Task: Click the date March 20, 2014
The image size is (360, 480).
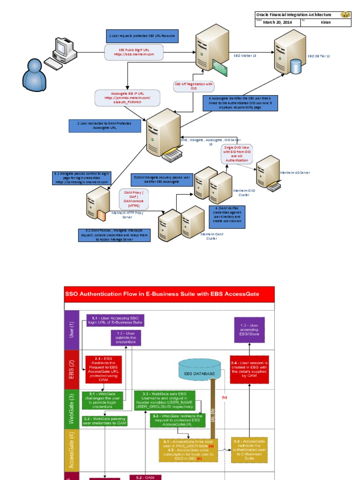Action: (x=277, y=22)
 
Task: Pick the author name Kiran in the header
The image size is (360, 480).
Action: (x=328, y=22)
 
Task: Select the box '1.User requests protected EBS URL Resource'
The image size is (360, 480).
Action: (x=143, y=36)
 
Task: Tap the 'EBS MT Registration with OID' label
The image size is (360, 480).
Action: (x=194, y=86)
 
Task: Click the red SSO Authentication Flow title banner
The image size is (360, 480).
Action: (x=168, y=294)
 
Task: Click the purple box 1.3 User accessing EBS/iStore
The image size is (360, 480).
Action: (x=249, y=330)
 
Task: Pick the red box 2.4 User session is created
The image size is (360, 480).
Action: (x=249, y=369)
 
